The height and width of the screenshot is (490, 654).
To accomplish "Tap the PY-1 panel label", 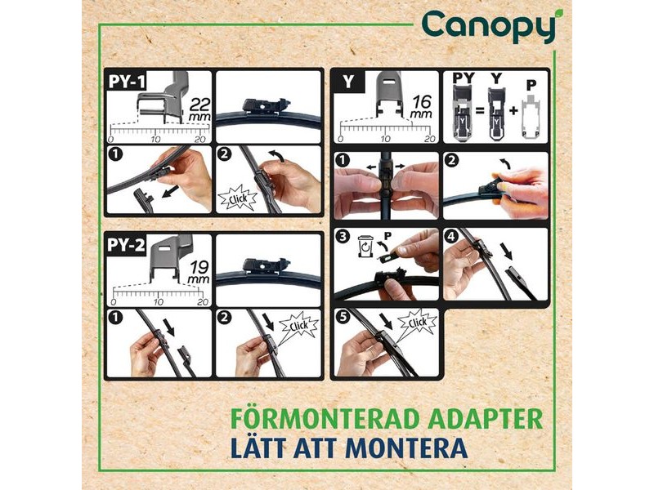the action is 127,81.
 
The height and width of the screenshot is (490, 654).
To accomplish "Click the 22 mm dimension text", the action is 199,109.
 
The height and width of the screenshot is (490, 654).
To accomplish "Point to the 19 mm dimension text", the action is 199,272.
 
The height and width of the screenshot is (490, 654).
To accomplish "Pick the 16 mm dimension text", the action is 421,106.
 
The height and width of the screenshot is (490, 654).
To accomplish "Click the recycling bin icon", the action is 365,246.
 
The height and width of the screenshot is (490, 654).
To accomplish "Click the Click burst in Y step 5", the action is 418,323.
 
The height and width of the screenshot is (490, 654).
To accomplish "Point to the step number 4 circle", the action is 452,237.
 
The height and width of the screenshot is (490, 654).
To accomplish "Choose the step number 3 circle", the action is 343,237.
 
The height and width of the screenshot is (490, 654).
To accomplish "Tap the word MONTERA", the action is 406,448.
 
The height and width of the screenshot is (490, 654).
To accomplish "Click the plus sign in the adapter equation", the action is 513,111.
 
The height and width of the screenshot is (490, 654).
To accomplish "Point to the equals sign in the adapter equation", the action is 480,111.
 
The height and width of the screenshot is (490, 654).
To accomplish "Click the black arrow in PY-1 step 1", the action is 170,192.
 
